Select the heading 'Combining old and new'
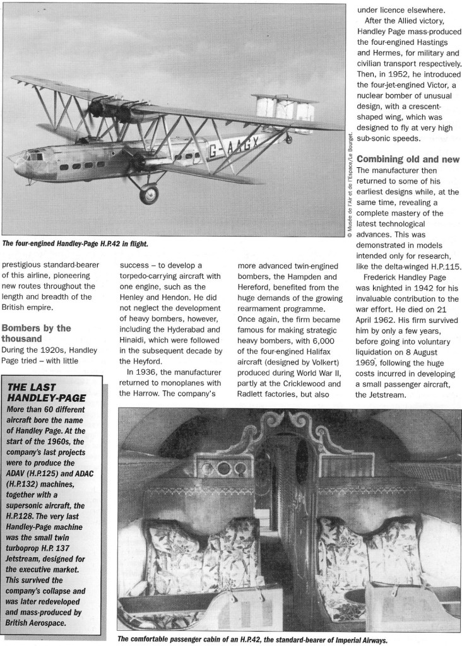click(x=408, y=159)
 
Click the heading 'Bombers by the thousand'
click(x=36, y=333)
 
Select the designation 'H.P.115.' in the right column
click(x=439, y=267)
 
